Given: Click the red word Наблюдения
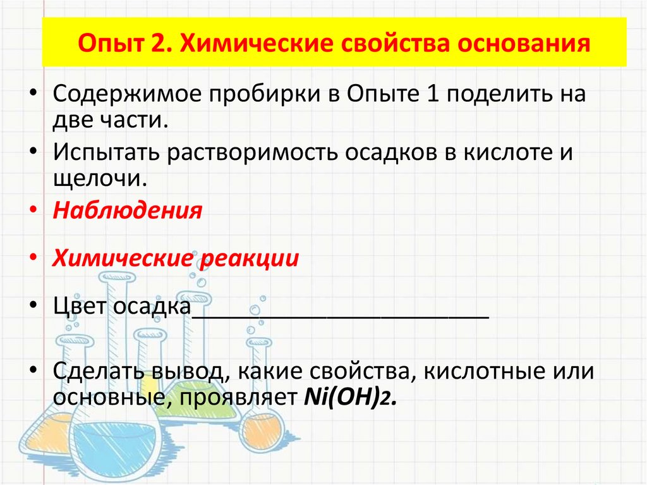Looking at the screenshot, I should point(128,210).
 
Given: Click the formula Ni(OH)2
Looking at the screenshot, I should point(350,398).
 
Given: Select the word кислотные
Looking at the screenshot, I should point(489,371).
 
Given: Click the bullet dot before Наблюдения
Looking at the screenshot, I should point(33,211).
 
